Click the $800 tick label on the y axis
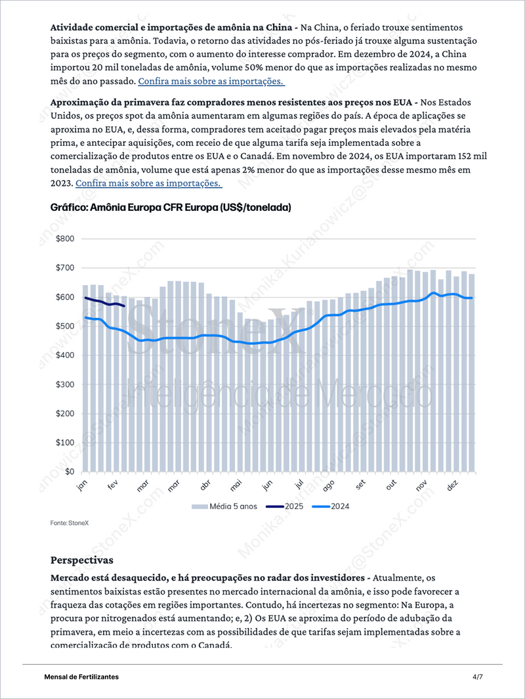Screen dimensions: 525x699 pos(65,238)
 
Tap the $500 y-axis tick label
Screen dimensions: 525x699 pos(65,326)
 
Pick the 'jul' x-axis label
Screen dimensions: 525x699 pos(299,484)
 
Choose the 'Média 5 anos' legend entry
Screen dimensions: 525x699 pos(224,507)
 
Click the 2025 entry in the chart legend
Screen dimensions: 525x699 pos(284,507)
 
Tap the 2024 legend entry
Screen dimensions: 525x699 pos(330,507)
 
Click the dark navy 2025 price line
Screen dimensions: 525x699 pos(105,303)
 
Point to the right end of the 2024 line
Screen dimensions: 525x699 pos(472,298)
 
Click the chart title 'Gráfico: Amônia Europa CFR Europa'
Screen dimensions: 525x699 pos(171,208)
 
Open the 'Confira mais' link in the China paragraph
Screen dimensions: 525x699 pos(211,81)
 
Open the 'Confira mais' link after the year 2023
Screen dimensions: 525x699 pos(149,183)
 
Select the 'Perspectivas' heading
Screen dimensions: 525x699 pos(82,560)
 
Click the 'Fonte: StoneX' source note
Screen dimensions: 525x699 pos(70,523)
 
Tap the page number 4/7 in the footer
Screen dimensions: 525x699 pos(477,677)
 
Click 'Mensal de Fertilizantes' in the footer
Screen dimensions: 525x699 pos(81,677)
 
